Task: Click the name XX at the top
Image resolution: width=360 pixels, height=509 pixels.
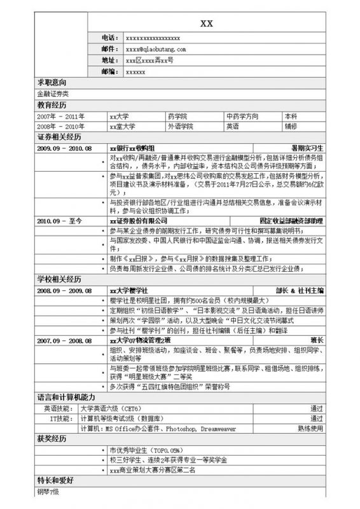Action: tap(207, 24)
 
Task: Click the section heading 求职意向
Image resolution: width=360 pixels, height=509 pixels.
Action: tap(52, 83)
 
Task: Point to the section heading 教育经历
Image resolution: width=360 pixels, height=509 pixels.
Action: tap(52, 105)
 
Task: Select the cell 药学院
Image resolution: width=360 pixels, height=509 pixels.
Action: tap(159, 116)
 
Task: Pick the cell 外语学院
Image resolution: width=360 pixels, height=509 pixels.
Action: tap(162, 127)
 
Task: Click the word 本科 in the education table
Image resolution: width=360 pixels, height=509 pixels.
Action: tap(291, 116)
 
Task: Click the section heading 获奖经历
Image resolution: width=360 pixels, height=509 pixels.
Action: tap(52, 440)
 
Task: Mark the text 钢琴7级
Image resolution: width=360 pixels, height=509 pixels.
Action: tap(48, 492)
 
